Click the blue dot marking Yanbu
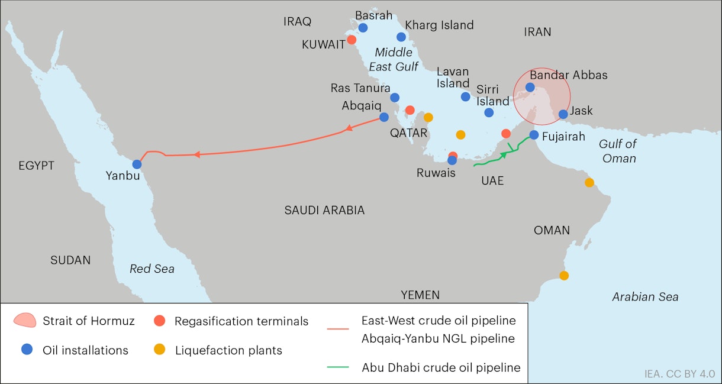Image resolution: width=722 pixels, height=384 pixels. (x=137, y=164)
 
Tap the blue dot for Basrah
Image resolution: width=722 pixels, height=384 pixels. (x=363, y=28)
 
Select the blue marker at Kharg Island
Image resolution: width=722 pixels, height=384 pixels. (x=401, y=37)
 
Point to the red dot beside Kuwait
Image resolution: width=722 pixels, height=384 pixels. (x=352, y=40)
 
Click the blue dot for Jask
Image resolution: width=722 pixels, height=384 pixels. (x=563, y=114)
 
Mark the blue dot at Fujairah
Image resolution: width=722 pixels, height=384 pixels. (x=534, y=135)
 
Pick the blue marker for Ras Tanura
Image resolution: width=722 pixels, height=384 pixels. (x=395, y=98)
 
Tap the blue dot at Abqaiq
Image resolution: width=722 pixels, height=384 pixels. (x=384, y=117)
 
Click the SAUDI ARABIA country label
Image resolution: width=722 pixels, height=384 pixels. (x=324, y=210)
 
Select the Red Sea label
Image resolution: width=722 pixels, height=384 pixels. (x=152, y=269)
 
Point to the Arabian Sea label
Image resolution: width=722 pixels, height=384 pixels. (x=645, y=297)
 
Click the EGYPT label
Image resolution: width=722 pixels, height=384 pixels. (x=36, y=166)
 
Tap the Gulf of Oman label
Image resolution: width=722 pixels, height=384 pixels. (x=617, y=151)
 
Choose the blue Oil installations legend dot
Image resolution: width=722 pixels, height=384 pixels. (x=27, y=350)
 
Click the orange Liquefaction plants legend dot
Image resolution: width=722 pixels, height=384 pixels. (x=159, y=350)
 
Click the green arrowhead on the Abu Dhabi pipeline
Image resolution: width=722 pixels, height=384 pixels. (x=504, y=154)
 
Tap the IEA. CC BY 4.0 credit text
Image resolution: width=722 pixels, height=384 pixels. (x=679, y=374)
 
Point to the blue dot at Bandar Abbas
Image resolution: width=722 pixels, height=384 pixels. (x=530, y=88)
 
